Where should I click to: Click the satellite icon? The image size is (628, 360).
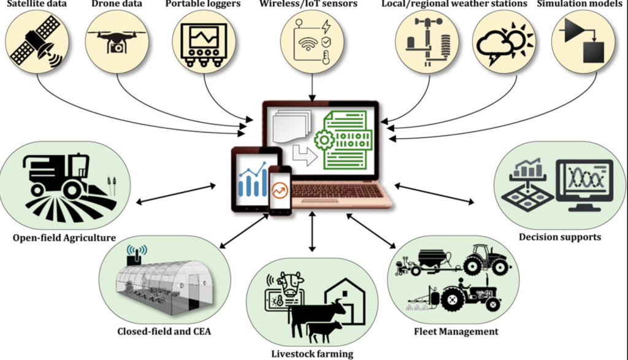click(x=37, y=40)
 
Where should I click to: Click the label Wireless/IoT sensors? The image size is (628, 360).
click(x=313, y=5)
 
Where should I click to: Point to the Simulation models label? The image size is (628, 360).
click(x=581, y=5)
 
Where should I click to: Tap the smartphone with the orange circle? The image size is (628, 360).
click(x=280, y=190)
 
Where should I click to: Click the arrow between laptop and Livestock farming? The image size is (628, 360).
click(x=312, y=231)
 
